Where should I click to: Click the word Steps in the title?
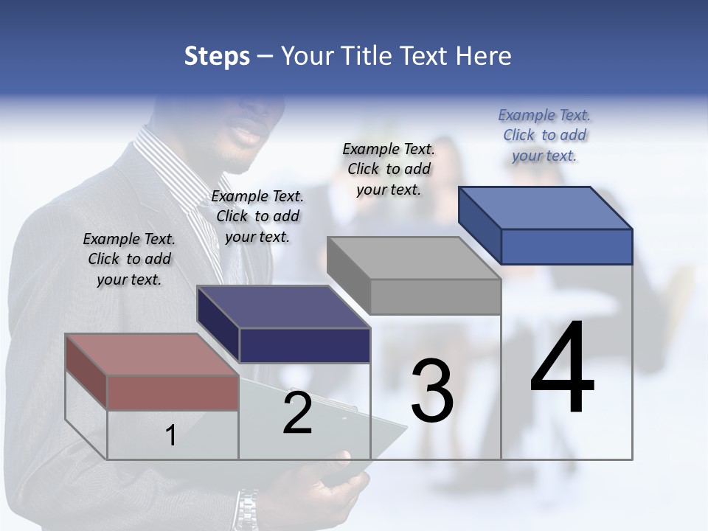pos(217,56)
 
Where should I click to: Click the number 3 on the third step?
pos(431,391)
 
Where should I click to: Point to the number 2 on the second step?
pos(297,414)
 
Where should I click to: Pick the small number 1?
pos(171,436)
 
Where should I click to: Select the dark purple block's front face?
pos(305,345)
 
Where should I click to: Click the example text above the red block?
pos(129,259)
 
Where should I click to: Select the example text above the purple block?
pos(257,216)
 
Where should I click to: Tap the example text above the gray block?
pos(389,169)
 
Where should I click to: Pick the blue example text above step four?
pos(544,135)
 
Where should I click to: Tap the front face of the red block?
pos(173,392)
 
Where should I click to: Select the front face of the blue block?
pos(566,246)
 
